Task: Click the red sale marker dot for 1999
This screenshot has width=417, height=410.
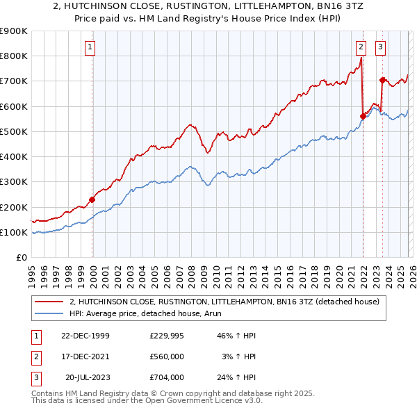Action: tap(92, 199)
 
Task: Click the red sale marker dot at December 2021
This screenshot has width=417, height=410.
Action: tap(363, 116)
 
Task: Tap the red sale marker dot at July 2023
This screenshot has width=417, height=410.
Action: tap(382, 80)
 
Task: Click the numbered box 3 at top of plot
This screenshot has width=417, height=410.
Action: tap(381, 47)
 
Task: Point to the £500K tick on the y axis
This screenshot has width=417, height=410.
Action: tap(14, 131)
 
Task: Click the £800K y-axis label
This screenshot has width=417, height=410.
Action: tap(14, 56)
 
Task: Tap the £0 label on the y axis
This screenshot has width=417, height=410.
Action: tap(21, 257)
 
